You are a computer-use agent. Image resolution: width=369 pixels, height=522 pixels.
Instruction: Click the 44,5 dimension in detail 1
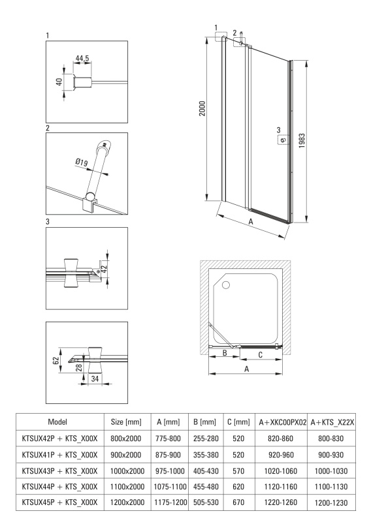82,59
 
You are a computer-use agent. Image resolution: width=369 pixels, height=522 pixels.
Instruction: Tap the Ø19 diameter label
82,162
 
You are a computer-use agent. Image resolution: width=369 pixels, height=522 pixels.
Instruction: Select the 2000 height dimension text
202,108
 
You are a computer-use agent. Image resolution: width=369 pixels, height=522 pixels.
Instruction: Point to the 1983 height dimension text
302,141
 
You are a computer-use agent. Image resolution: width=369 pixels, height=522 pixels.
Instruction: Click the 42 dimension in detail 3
104,269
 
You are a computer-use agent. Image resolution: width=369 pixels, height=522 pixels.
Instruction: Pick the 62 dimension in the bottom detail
56,360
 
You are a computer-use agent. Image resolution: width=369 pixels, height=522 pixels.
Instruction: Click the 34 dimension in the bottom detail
95,378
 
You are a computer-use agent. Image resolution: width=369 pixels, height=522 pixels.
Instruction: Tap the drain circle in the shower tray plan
226,285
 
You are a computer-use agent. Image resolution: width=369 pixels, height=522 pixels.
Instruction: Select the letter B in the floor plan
225,352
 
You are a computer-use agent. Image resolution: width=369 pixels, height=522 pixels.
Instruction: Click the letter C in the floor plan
261,355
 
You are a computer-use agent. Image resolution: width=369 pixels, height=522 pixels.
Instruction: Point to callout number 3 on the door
279,130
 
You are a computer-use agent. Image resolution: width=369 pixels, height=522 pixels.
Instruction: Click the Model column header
57,422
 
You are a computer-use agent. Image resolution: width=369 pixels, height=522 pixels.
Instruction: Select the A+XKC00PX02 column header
283,422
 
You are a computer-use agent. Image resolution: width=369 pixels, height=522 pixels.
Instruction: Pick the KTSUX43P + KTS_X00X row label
59,470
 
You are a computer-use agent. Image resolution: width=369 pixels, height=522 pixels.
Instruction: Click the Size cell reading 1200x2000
127,502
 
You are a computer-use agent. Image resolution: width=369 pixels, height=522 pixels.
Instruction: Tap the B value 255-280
206,438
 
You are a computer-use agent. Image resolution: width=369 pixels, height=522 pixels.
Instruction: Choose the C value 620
238,487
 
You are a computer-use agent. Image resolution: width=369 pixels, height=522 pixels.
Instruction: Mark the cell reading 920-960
281,455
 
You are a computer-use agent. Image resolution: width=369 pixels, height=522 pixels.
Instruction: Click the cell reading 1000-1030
331,471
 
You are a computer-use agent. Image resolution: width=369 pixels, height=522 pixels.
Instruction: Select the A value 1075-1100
170,487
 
